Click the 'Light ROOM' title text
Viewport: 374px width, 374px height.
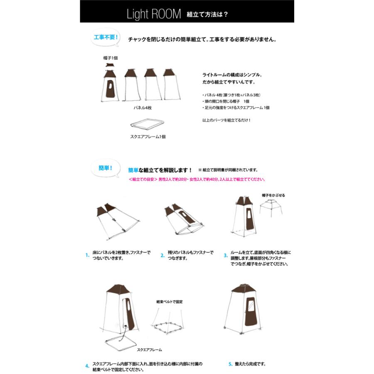tap(154, 14)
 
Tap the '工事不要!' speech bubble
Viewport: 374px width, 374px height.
tap(105, 37)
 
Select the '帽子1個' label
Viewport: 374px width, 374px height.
tap(111, 58)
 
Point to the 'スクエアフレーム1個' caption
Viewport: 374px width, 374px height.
tap(148, 136)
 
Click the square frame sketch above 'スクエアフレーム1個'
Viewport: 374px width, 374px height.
tap(145, 124)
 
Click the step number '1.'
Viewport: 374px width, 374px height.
tap(87, 255)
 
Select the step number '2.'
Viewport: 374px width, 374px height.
tap(162, 255)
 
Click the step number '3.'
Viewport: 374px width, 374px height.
tap(226, 255)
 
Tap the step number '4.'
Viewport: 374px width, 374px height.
tap(87, 366)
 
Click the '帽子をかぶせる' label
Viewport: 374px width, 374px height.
tap(273, 195)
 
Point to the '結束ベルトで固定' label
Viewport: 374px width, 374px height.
tap(169, 302)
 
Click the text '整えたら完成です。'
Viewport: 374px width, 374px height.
tap(250, 364)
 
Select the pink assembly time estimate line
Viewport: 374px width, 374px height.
tap(197, 180)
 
